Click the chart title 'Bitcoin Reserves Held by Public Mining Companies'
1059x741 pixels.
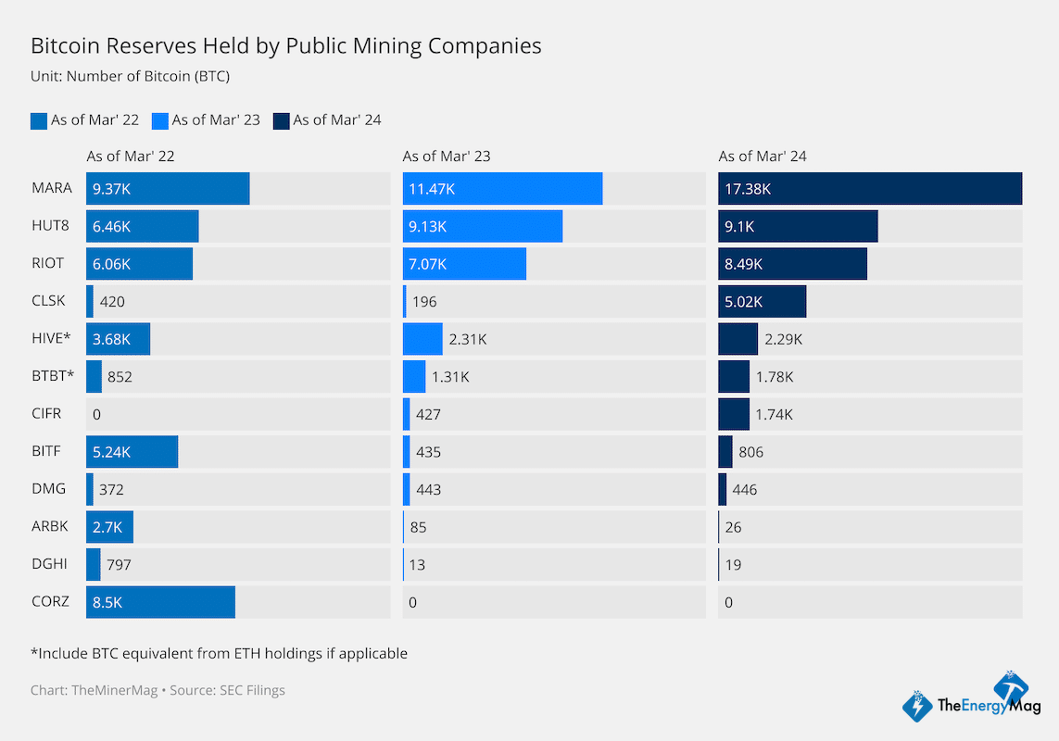point(285,45)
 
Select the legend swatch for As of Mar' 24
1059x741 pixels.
point(282,120)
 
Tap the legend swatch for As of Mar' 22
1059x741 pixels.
point(39,120)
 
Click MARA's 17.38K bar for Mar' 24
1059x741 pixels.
point(869,188)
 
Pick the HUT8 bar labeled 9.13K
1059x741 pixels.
point(482,226)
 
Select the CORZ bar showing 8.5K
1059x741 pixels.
point(160,602)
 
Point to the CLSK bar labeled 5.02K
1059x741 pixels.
point(762,301)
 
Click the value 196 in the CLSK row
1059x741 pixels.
point(424,301)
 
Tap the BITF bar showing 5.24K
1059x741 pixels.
point(132,452)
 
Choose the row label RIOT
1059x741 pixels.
point(47,263)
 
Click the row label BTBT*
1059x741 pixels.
point(52,376)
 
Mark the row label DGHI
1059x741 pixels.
point(48,564)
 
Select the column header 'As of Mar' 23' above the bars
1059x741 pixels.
point(446,157)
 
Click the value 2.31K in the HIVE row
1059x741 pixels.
point(467,339)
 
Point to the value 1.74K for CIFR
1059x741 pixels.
point(775,414)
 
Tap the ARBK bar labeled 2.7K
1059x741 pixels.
point(109,527)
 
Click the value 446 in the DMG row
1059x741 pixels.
point(744,489)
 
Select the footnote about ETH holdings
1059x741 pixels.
point(219,653)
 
